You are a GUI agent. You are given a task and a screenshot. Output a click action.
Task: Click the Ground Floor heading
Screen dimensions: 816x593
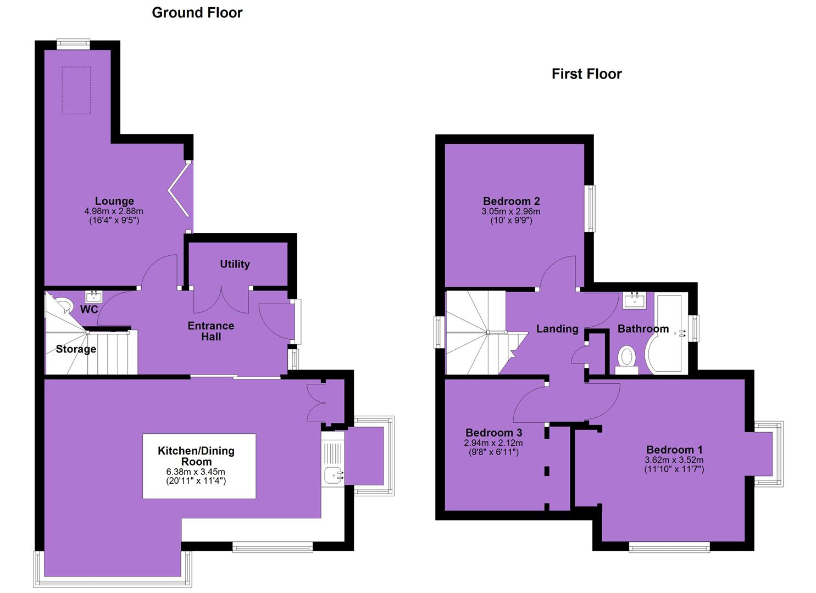pos(197,13)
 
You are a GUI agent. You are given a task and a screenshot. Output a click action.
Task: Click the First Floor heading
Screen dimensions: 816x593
pos(586,74)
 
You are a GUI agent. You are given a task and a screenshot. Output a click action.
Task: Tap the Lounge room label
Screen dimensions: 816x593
pos(114,200)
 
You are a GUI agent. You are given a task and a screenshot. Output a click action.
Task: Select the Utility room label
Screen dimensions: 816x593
pos(235,264)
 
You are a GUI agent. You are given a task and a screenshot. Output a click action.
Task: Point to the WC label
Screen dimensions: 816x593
pos(89,309)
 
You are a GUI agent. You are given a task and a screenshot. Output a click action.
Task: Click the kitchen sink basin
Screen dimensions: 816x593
pos(334,475)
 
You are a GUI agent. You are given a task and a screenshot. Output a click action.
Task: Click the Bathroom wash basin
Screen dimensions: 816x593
pos(634,301)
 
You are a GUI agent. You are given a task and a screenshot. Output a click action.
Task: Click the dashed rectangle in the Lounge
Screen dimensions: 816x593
pos(76,90)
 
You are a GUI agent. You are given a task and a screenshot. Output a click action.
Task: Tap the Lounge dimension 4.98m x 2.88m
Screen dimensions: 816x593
pos(114,211)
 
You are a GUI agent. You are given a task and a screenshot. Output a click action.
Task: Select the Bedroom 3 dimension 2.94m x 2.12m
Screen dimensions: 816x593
pos(493,443)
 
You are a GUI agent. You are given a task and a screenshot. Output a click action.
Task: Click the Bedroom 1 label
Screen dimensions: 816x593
pos(674,450)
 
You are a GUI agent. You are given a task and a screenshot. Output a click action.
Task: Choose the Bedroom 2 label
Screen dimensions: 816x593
pos(512,201)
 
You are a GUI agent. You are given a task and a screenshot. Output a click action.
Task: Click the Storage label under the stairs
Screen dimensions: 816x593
pos(76,349)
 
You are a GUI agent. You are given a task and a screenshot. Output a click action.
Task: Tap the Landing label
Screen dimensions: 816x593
pos(557,329)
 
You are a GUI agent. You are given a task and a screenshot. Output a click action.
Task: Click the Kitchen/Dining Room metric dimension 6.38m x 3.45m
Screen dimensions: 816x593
pos(196,472)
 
